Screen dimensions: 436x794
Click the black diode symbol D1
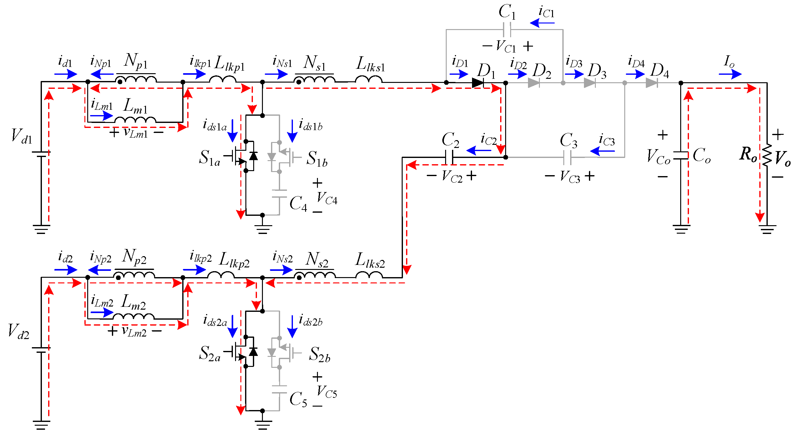(478, 83)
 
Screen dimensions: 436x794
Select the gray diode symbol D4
(651, 83)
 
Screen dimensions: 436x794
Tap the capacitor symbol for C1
(507, 30)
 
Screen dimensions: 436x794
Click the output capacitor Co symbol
(681, 155)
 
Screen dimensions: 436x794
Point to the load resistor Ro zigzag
(767, 155)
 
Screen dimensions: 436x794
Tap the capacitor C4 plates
(279, 194)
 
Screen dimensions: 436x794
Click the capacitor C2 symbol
(449, 157)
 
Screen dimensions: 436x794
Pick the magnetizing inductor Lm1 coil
(135, 120)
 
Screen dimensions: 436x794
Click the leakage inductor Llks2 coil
(369, 275)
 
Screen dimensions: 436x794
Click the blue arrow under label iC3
(602, 151)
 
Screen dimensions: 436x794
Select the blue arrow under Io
(730, 74)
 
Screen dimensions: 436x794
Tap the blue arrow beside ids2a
(233, 326)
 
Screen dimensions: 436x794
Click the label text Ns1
(314, 63)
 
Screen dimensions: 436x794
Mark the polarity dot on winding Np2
(118, 277)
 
